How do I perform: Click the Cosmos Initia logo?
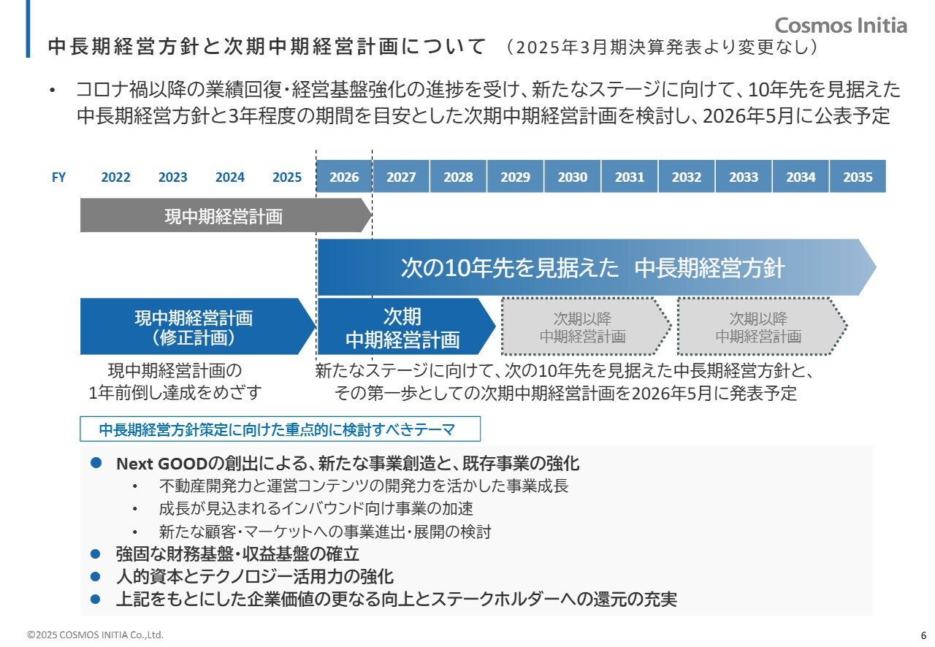pyautogui.click(x=841, y=26)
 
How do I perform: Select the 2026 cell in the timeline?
pyautogui.click(x=344, y=177)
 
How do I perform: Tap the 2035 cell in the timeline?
pyautogui.click(x=857, y=177)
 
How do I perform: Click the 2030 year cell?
pyautogui.click(x=572, y=177)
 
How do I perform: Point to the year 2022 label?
pyautogui.click(x=115, y=177)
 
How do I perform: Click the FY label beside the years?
pyautogui.click(x=58, y=177)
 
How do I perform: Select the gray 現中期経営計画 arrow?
pyautogui.click(x=224, y=217)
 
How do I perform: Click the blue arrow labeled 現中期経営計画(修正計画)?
pyautogui.click(x=194, y=326)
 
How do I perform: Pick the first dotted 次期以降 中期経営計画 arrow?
pyautogui.click(x=583, y=326)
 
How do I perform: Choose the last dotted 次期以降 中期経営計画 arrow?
pyautogui.click(x=759, y=326)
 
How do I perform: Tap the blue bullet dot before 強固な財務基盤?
pyautogui.click(x=94, y=553)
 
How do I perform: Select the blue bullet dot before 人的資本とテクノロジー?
pyautogui.click(x=94, y=575)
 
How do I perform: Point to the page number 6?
pyautogui.click(x=923, y=634)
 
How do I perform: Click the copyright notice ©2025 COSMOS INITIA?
pyautogui.click(x=95, y=635)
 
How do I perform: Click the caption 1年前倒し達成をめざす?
pyautogui.click(x=175, y=392)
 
